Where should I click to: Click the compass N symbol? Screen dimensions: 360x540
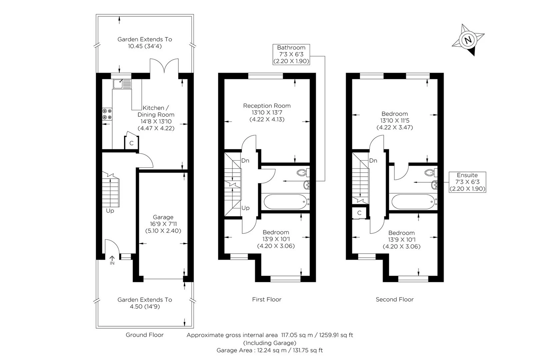468,40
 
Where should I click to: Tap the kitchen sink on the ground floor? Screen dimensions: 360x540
122,84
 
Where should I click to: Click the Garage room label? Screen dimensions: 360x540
163,224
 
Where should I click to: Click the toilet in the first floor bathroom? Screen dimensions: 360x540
303,173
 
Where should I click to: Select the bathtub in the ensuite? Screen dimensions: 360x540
413,201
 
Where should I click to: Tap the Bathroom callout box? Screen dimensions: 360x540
291,54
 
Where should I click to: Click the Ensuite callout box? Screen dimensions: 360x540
467,182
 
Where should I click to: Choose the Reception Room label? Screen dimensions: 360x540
267,112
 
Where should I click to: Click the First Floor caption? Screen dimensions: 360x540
267,299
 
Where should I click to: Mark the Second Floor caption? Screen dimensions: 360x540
394,299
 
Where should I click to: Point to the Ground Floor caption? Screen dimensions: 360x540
144,335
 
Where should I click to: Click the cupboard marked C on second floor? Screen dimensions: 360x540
359,213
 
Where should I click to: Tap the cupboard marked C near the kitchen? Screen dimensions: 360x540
131,143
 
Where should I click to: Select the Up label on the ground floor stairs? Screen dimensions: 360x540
110,211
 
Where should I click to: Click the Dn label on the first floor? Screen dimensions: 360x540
245,161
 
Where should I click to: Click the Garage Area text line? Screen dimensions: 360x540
269,350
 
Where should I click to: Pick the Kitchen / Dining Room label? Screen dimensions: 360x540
156,118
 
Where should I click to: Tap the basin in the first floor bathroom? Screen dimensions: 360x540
307,184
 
